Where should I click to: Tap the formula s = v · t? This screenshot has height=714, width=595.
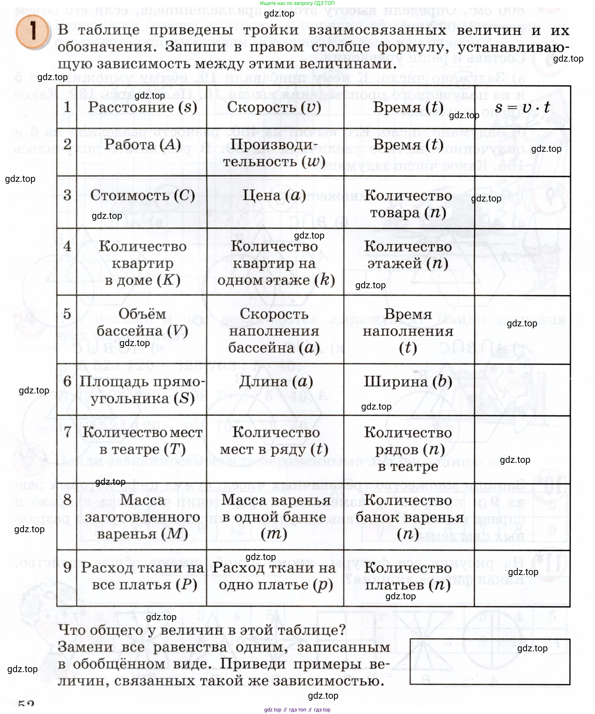(x=522, y=108)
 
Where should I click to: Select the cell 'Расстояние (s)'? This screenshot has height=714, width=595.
(x=142, y=108)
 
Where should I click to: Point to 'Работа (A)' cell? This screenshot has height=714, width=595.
(x=142, y=145)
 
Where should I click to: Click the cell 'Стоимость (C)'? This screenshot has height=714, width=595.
(x=142, y=195)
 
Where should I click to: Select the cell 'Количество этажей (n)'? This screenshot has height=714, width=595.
(x=408, y=255)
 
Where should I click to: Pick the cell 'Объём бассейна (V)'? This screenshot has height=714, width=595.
(x=142, y=322)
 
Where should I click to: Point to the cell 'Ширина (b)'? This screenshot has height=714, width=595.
(x=408, y=382)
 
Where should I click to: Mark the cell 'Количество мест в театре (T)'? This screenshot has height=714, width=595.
(x=142, y=441)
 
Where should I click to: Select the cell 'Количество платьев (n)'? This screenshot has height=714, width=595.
(x=408, y=576)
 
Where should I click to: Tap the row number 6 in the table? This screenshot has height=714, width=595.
(x=67, y=382)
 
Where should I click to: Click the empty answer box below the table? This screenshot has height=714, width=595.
(x=489, y=662)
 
